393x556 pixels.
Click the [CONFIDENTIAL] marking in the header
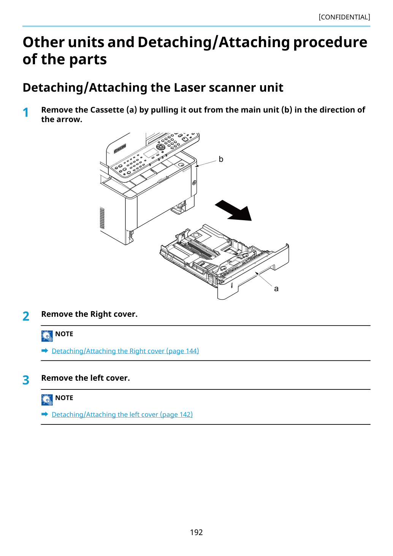[x=344, y=17]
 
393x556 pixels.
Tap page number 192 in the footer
[x=196, y=532]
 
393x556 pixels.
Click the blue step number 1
[x=26, y=113]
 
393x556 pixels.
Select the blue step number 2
[x=26, y=316]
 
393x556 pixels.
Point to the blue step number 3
[x=26, y=380]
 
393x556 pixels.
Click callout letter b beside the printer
[x=221, y=159]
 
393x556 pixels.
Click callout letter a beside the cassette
[x=276, y=289]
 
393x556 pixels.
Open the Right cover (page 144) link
[x=125, y=351]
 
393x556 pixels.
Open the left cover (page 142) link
[x=122, y=414]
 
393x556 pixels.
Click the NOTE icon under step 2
[x=47, y=336]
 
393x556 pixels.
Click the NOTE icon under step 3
[x=47, y=400]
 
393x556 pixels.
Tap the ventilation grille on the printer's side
[x=102, y=218]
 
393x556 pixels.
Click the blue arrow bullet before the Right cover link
[x=45, y=351]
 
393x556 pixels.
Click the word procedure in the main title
[x=330, y=42]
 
